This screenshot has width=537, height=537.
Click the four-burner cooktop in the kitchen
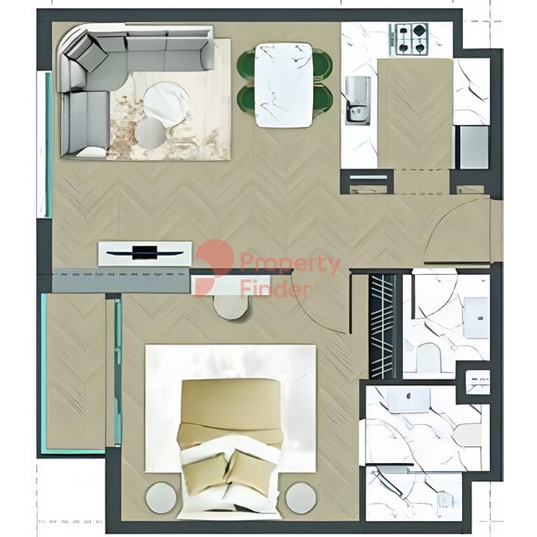pyautogui.click(x=408, y=39)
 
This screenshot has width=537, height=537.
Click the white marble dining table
pyautogui.click(x=284, y=85)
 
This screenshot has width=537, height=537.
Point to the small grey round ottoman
pyautogui.click(x=151, y=133)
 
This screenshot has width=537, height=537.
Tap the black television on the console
pyautogui.click(x=144, y=253)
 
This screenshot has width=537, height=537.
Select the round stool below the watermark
pyautogui.click(x=231, y=306)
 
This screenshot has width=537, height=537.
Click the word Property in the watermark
pyautogui.click(x=290, y=265)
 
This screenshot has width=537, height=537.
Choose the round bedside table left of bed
pyautogui.click(x=161, y=498)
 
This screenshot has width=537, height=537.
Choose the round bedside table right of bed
pyautogui.click(x=301, y=498)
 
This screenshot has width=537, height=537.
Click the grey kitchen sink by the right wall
pyautogui.click(x=473, y=147)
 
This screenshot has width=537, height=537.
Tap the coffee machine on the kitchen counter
pyautogui.click(x=358, y=100)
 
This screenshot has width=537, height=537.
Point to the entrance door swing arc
pyautogui.click(x=445, y=226)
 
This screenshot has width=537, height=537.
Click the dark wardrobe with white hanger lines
pyautogui.click(x=382, y=326)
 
